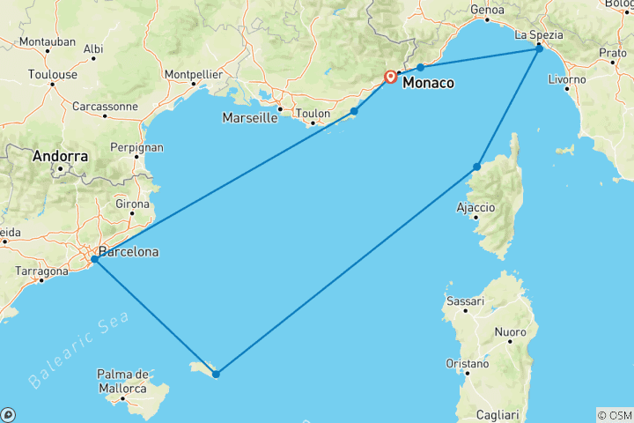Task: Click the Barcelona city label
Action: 129,252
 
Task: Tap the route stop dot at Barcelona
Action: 94,259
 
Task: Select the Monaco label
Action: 429,83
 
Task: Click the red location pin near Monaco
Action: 390,77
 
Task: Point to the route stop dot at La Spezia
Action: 540,49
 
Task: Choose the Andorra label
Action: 60,157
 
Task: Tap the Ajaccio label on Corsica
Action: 476,208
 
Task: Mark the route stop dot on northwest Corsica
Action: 477,167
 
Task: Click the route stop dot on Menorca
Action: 216,374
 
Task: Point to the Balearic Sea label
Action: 77,350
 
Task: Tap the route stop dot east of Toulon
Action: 354,111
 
